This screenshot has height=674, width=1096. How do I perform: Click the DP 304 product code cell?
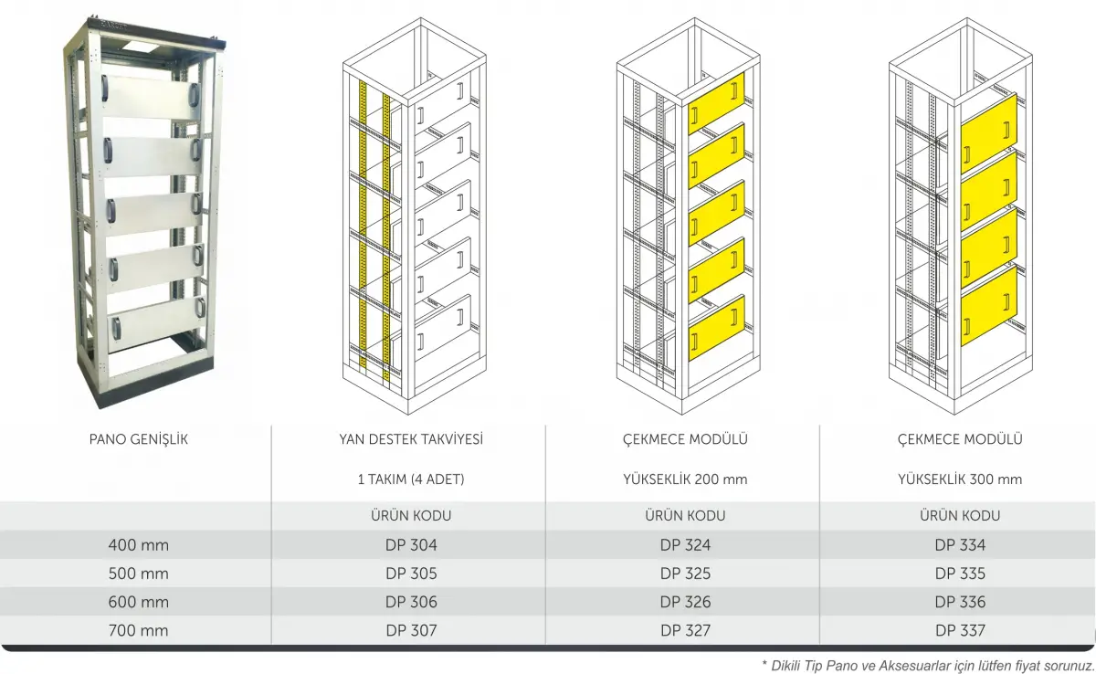pos(410,546)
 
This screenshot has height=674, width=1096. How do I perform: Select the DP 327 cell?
pos(685,630)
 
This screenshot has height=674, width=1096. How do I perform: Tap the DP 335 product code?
pos(960,574)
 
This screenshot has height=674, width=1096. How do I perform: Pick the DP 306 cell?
pos(410,602)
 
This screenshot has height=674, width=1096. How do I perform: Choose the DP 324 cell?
pos(685,546)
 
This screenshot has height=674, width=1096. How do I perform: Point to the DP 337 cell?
pos(960,630)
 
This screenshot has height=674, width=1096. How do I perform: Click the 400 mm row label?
pos(138,546)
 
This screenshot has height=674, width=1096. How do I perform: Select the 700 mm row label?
pos(138,630)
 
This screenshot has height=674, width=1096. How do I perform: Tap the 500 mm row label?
pos(138,574)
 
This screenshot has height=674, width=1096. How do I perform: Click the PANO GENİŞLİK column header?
pos(138,439)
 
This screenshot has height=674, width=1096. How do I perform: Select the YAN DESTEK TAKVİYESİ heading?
pos(410,439)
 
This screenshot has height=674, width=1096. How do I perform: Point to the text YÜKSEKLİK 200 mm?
pos(685,479)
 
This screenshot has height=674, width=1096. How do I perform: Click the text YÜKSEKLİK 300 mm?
pos(960,479)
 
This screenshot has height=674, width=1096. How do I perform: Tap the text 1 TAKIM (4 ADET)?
pos(410,479)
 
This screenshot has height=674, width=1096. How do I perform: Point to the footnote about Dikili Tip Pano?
pos(927,665)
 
